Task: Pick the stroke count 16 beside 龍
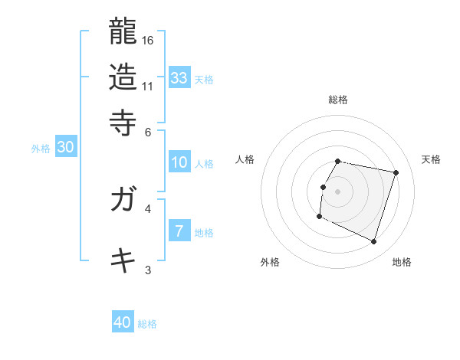[x=149, y=40]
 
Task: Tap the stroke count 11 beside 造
[x=148, y=86]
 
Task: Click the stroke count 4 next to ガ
[x=148, y=208]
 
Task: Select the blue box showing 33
[x=179, y=77]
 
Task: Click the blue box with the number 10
[x=179, y=162]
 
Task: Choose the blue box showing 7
[x=179, y=231]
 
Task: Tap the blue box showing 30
[x=65, y=148]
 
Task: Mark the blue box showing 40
[x=123, y=322]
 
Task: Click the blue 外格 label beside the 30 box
[x=41, y=149]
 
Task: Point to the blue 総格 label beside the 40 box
[x=147, y=324]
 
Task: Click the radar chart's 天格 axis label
[x=431, y=159]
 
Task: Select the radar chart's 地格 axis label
[x=402, y=262]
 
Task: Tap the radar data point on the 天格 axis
[x=396, y=172]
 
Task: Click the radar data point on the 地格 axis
[x=374, y=242]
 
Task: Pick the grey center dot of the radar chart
[x=338, y=191]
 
